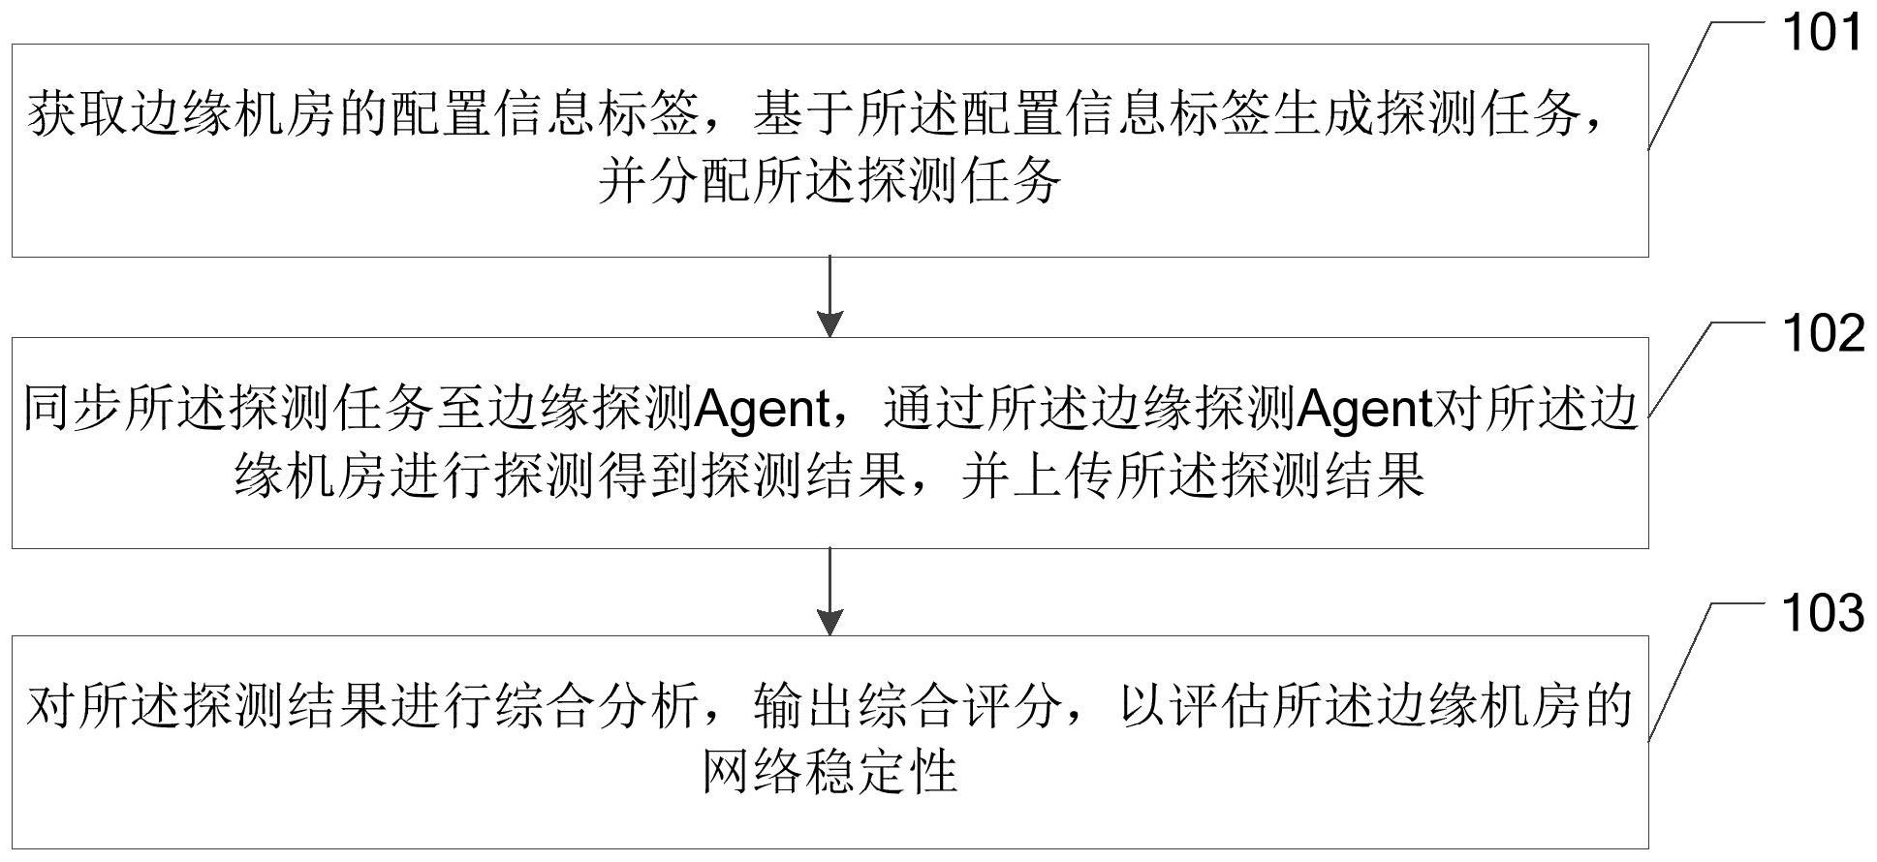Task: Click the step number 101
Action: coord(1823,35)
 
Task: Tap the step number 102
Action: coord(1823,334)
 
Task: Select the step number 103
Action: coord(1823,614)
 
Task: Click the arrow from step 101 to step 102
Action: coord(829,296)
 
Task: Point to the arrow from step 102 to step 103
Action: coord(829,591)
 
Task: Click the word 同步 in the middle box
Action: coord(73,410)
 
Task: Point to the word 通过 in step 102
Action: coord(933,410)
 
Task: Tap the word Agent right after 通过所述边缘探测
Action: coord(1363,411)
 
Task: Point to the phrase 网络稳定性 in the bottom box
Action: coord(829,772)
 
